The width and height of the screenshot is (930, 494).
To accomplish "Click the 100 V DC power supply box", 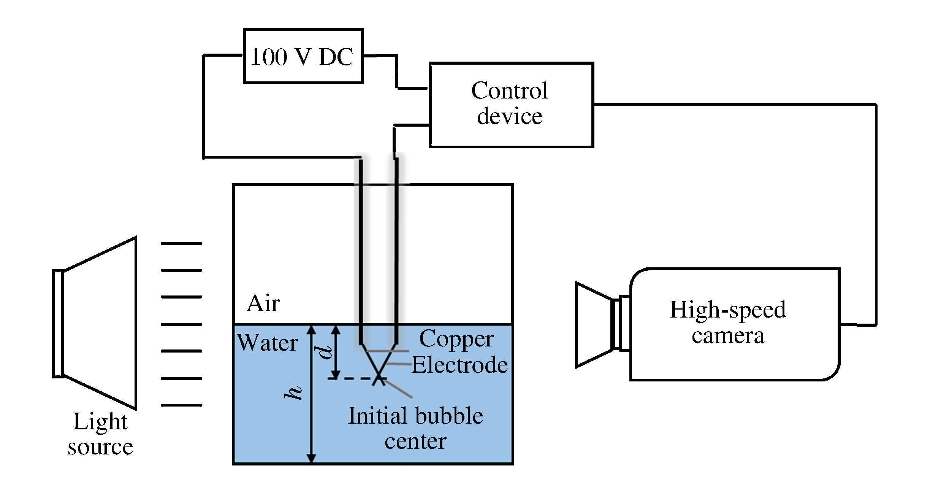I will (x=303, y=56).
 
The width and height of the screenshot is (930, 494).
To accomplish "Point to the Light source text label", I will (x=100, y=434).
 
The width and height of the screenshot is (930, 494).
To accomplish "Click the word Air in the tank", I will (x=263, y=303).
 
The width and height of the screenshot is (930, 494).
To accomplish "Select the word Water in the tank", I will (x=268, y=343).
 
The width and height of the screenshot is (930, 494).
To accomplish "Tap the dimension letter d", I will (x=325, y=352).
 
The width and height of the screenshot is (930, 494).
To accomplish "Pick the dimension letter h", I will (x=293, y=392).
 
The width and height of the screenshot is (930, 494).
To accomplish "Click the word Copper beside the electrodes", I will (x=456, y=339).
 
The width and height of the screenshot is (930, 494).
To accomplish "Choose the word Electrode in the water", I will (x=459, y=365).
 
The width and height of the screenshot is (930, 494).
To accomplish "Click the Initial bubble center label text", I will (x=415, y=428).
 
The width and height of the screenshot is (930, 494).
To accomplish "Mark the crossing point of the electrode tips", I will (x=379, y=377).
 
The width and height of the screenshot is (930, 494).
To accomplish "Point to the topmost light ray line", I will (x=181, y=243).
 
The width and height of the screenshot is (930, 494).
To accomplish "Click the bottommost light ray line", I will (x=181, y=405).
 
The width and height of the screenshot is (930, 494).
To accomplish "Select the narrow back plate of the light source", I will (x=58, y=323).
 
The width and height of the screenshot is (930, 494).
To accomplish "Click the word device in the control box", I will (x=509, y=116).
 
